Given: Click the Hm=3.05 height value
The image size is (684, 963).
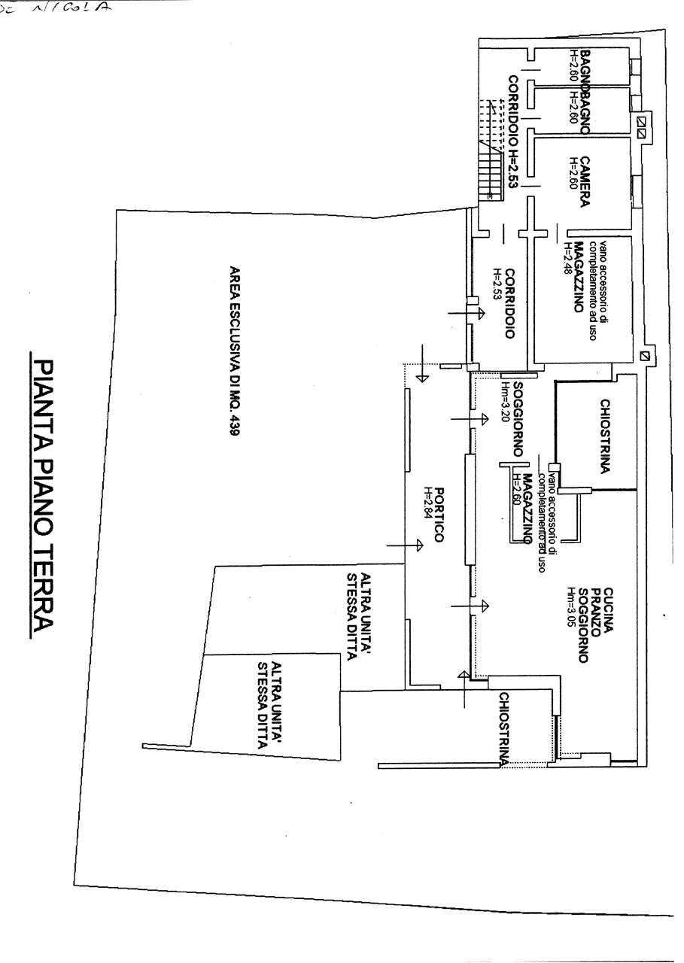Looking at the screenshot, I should point(571,608).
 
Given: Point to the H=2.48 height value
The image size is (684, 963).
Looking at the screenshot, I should point(567,257).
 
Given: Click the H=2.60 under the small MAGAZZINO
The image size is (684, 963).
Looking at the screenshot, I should point(516,491).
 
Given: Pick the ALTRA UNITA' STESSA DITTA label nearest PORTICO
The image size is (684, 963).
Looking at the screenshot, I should point(358,617).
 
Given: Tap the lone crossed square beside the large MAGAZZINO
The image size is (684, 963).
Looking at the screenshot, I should point(643,355).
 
